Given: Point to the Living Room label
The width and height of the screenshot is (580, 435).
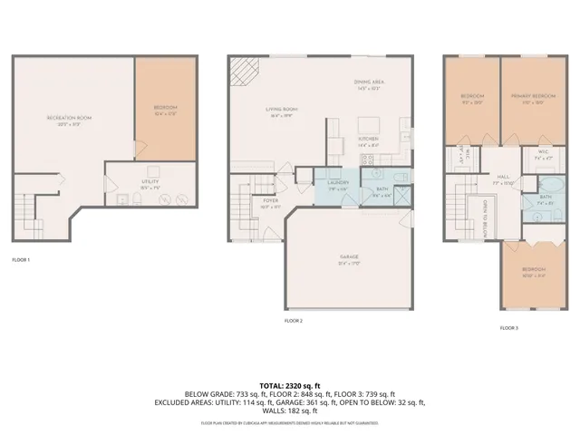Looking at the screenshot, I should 282,112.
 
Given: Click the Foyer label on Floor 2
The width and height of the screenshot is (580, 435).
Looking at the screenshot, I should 270,203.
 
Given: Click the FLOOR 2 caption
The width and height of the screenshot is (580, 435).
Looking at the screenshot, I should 294,321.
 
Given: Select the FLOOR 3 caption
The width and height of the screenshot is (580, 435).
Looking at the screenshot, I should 509,327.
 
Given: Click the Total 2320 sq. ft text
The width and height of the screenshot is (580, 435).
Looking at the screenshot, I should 290,386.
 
